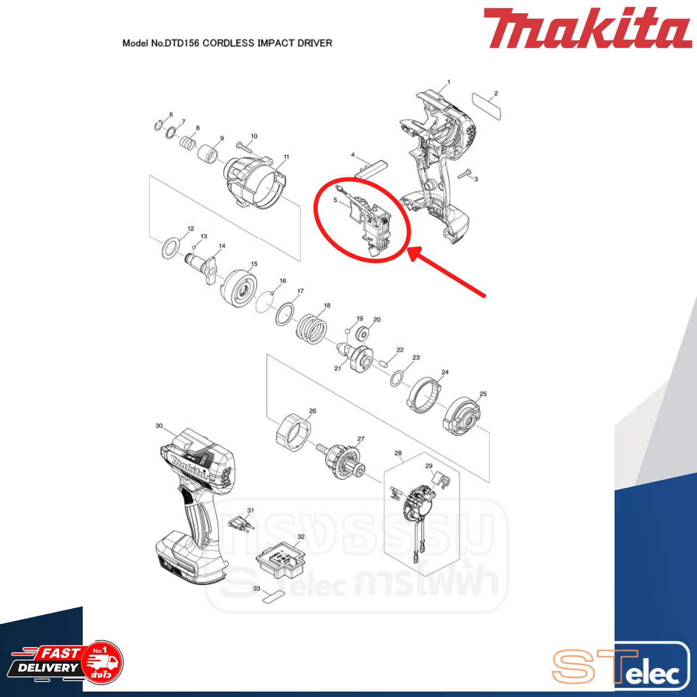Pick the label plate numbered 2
[487, 107]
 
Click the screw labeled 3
[465, 174]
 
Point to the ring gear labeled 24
[423, 394]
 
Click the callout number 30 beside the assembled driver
[159, 426]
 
